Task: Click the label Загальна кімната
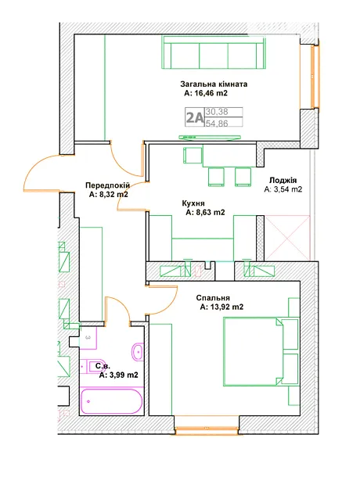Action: (214, 84)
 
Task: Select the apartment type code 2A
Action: (195, 117)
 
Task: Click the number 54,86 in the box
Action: (217, 124)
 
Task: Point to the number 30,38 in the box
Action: (217, 112)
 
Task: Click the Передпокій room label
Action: (107, 185)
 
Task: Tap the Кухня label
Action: (193, 203)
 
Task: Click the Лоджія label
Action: (283, 181)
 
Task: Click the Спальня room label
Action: (213, 298)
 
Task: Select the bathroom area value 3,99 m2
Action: (124, 375)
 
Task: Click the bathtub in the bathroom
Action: (111, 401)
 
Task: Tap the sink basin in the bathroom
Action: (137, 352)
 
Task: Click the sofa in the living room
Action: (214, 52)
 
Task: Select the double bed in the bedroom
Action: (254, 352)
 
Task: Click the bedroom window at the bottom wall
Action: (207, 429)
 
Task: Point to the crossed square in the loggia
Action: (287, 238)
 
